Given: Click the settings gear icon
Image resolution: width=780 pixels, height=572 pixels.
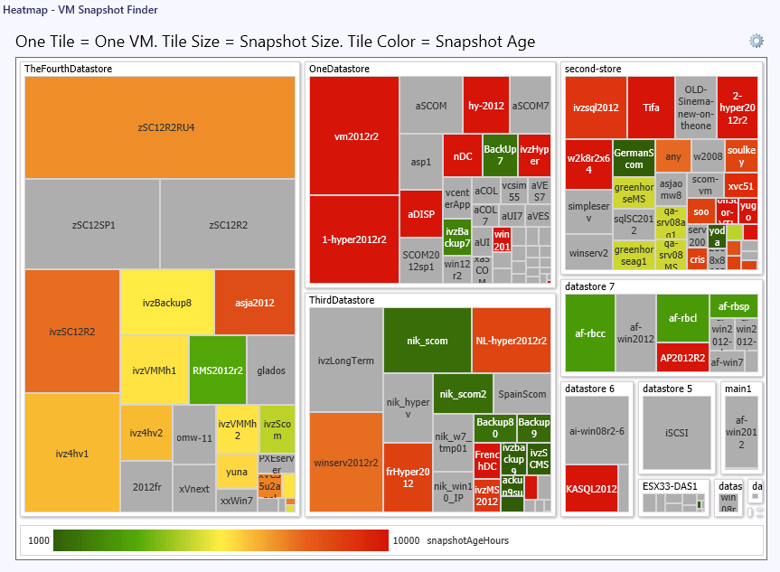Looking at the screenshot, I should click(757, 41).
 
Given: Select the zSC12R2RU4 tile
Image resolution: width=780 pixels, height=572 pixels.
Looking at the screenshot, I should click(160, 127).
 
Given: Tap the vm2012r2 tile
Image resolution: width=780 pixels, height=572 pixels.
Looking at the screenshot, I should click(354, 136).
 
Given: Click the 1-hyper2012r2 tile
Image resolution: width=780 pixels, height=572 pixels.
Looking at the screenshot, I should click(354, 239).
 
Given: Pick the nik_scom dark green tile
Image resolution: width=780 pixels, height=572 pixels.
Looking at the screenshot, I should click(428, 341).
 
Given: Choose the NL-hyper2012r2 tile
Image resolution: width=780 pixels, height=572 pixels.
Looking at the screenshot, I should click(512, 341).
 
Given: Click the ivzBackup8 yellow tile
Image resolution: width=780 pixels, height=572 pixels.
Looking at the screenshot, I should click(166, 303).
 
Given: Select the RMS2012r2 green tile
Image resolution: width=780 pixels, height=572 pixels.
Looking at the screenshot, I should click(217, 370).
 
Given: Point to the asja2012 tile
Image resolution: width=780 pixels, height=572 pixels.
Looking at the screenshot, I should click(255, 303).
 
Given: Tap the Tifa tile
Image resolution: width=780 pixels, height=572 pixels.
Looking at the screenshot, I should click(651, 108).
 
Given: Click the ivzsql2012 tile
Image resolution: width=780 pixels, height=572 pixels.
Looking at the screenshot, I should click(596, 108).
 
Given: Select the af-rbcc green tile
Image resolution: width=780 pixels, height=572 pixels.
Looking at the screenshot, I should click(589, 333).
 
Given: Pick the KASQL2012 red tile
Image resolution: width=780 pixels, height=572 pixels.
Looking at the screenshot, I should click(591, 489).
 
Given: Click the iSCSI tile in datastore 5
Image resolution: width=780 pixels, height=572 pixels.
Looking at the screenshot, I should click(677, 432).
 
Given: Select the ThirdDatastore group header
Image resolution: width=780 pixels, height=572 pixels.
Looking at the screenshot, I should click(342, 299).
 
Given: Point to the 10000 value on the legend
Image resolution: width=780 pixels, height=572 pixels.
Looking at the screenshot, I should click(406, 540).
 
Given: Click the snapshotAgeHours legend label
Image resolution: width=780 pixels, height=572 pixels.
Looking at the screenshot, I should click(467, 540).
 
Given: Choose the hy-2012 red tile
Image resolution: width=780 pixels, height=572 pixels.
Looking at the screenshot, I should click(486, 106).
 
